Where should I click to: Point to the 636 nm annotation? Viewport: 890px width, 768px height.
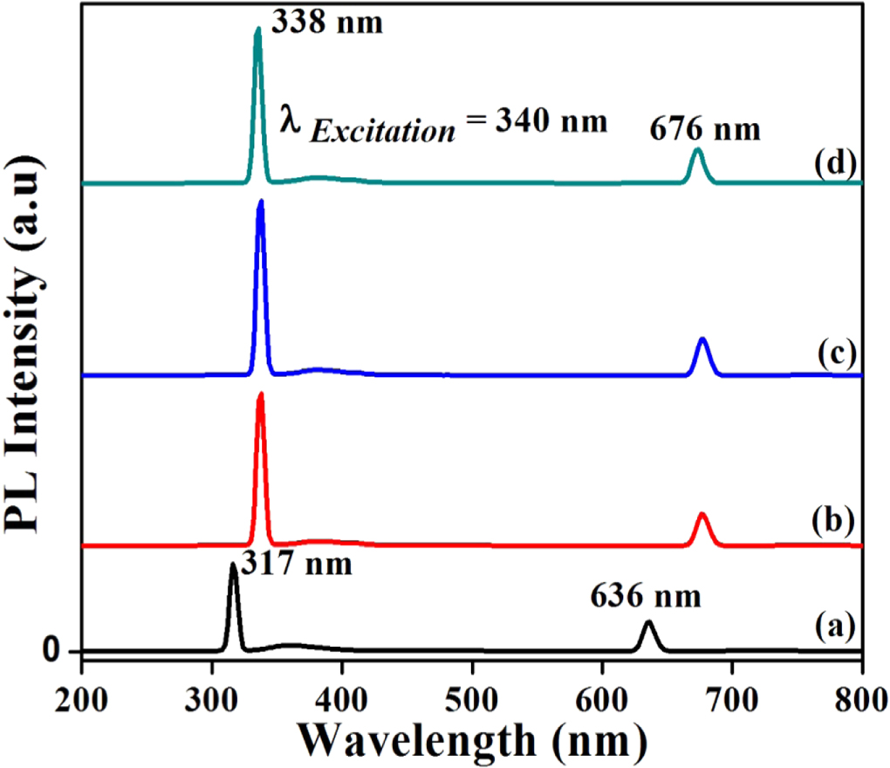646,599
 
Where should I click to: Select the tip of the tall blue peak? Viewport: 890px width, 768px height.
260,202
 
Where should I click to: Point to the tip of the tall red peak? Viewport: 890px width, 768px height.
260,395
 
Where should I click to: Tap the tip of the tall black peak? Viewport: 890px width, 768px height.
233,566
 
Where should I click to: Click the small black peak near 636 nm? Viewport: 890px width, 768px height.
647,623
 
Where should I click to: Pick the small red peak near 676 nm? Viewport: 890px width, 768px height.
702,515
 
